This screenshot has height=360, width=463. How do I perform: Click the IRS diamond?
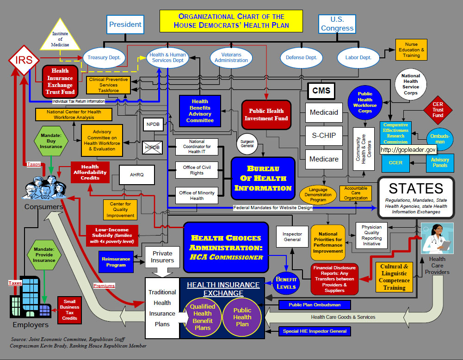click(24, 60)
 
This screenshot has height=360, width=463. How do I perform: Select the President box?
click(125, 24)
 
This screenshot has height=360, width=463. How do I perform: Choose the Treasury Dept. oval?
click(104, 57)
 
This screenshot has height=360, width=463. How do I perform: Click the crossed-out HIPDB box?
click(152, 147)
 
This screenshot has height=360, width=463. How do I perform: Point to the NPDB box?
click(153, 124)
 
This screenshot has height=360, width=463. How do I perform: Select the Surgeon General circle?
click(247, 144)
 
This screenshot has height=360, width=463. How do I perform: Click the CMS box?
click(321, 91)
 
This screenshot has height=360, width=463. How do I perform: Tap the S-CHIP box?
click(324, 136)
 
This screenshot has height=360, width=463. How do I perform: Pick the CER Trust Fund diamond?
click(438, 110)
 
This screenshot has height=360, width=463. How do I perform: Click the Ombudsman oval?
click(440, 138)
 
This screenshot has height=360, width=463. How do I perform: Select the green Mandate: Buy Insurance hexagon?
click(51, 141)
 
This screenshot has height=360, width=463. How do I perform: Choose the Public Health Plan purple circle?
click(242, 317)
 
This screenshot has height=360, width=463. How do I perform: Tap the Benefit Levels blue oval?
click(286, 283)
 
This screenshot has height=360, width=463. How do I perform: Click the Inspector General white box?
click(292, 236)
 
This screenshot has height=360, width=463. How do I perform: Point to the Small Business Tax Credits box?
click(69, 310)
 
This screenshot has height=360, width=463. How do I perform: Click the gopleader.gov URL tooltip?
click(408, 150)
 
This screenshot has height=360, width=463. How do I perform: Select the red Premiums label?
click(104, 286)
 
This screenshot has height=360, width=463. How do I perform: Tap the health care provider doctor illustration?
click(437, 239)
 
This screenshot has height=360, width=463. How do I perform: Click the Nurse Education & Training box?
click(411, 50)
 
